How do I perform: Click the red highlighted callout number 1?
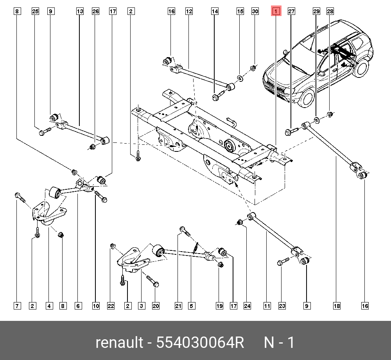point(276,12)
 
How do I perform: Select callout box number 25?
point(35,12)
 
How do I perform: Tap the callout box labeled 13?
point(80,12)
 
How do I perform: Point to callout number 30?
point(255,12)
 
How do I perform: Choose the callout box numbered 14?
point(215,12)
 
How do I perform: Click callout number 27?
point(291,12)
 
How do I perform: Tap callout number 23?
point(282,306)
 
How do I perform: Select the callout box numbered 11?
point(267,306)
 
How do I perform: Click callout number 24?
point(247,306)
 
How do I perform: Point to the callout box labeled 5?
point(191,306)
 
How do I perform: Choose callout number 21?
point(179,306)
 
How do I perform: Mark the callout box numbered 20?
point(156,306)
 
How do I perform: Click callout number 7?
point(17,306)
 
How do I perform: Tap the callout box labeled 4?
point(49,306)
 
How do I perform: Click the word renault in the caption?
point(119,343)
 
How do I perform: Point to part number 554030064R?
point(200,343)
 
